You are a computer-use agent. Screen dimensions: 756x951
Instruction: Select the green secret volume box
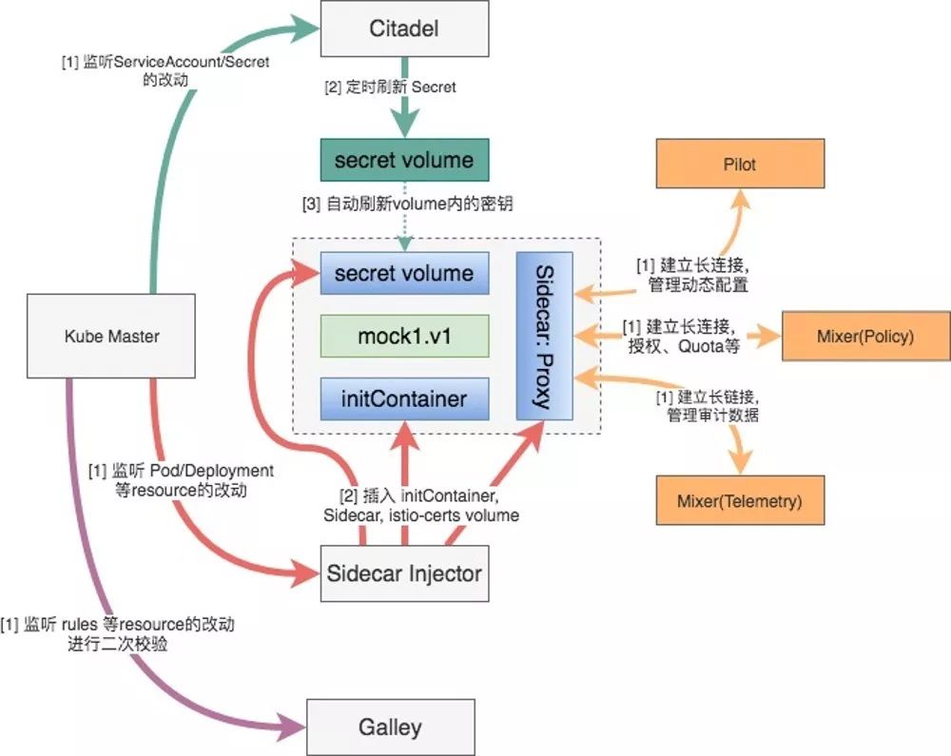click(404, 159)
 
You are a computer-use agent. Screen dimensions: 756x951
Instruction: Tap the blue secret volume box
click(404, 274)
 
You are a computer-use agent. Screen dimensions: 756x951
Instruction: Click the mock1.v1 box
click(404, 337)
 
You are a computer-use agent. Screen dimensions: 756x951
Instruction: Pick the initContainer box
click(404, 398)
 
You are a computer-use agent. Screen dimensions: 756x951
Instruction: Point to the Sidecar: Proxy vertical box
click(544, 336)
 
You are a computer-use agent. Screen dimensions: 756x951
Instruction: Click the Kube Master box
click(112, 336)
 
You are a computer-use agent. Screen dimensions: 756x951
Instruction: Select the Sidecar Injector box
click(405, 573)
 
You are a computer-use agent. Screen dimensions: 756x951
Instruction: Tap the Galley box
click(391, 727)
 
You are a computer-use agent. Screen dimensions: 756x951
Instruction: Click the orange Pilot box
click(739, 165)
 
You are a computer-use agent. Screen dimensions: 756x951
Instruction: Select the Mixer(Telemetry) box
click(739, 498)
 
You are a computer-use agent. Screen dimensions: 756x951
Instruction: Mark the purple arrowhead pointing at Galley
click(293, 728)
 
